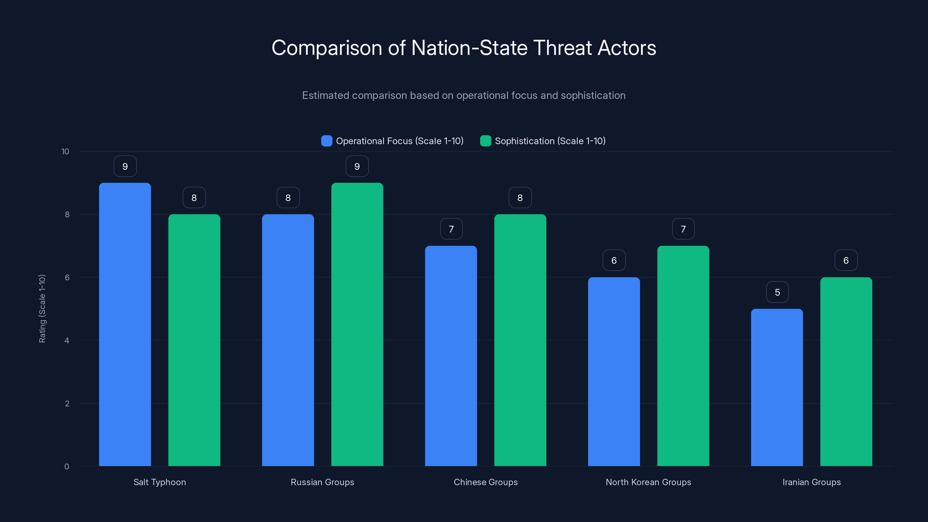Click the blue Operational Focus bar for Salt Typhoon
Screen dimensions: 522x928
(x=125, y=324)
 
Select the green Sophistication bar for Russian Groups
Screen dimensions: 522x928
(x=357, y=324)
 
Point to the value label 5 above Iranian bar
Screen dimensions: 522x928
(x=777, y=292)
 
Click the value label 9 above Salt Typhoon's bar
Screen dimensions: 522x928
(x=125, y=166)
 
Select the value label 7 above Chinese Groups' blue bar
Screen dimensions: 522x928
(x=451, y=229)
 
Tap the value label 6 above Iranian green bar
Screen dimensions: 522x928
(x=846, y=260)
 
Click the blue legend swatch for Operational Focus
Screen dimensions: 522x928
(x=326, y=141)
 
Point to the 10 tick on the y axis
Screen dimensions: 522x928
(x=65, y=152)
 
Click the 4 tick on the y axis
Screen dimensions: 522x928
(x=67, y=340)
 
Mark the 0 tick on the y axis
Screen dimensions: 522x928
(x=67, y=467)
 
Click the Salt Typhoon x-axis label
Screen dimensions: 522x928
(x=159, y=482)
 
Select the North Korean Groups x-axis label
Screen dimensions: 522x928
(x=648, y=482)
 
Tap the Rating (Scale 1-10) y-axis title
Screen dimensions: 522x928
(x=42, y=309)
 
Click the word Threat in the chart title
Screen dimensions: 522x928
(x=562, y=48)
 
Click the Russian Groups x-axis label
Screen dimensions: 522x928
(x=322, y=482)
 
